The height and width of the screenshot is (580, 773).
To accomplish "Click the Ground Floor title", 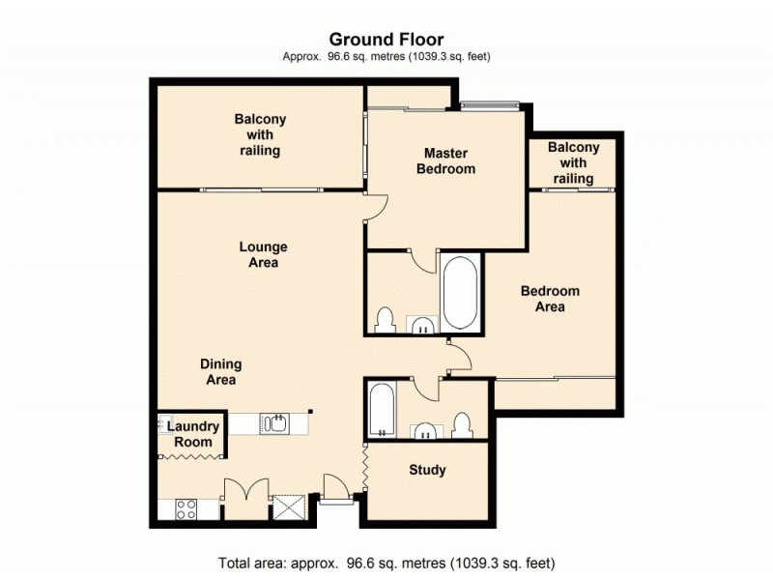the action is (x=386, y=40).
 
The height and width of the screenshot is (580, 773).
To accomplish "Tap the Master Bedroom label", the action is (x=445, y=160).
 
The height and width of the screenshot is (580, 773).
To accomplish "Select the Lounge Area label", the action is (x=263, y=254).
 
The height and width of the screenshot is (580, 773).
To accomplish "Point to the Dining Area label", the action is (x=221, y=372).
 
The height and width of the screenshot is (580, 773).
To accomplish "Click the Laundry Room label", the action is (x=193, y=434).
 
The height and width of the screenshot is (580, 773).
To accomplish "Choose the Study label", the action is (x=427, y=470).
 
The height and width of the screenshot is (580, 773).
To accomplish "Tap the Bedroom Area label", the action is (x=550, y=299).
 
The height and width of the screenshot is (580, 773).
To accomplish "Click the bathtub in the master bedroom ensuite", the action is (x=460, y=293).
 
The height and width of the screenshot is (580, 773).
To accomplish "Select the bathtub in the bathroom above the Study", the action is (x=382, y=409).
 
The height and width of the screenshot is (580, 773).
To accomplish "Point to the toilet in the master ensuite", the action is (x=385, y=321).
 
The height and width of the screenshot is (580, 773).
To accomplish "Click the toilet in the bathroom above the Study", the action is (x=463, y=425).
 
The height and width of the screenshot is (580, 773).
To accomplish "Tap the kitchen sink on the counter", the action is (x=274, y=423).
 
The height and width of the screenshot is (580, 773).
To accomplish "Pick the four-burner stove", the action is (x=186, y=509).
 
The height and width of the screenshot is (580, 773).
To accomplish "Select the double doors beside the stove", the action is (x=246, y=489).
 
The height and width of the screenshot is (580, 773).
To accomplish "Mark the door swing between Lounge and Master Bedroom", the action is (x=377, y=207).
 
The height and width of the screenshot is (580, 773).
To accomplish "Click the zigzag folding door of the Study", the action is (x=364, y=467).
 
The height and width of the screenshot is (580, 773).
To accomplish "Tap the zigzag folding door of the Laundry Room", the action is (x=191, y=457).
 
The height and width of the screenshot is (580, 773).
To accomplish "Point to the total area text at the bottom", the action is (x=386, y=563).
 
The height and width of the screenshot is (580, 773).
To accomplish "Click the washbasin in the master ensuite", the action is (x=422, y=325).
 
